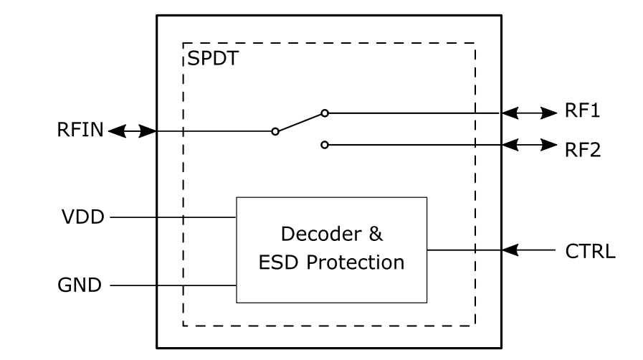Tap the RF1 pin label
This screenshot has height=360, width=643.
(x=582, y=113)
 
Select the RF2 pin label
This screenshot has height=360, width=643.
(x=582, y=150)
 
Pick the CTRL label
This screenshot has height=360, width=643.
(x=590, y=252)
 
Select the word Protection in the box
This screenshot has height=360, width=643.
(x=355, y=262)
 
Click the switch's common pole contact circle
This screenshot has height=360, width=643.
(x=275, y=132)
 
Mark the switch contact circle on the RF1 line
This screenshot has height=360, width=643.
(x=325, y=113)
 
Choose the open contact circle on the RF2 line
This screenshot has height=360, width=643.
(x=325, y=145)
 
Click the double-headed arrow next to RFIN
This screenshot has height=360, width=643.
(x=132, y=131)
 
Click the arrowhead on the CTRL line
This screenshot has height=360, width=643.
(x=509, y=250)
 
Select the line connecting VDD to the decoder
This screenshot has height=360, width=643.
(x=172, y=217)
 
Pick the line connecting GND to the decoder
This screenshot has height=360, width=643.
(x=172, y=285)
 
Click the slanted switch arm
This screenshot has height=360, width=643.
(x=300, y=123)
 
